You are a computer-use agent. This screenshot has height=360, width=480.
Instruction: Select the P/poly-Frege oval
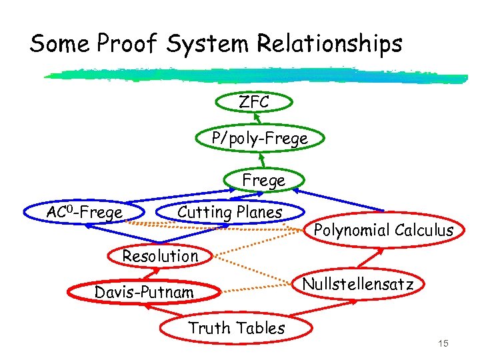pos(259,139)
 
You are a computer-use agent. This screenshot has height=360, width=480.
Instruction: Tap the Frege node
pos(264,180)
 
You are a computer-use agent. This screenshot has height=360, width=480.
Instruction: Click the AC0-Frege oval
pos(84,212)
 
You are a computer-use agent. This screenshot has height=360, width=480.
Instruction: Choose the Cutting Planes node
pos(229,212)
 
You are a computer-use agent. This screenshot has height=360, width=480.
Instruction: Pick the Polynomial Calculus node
pos(383,231)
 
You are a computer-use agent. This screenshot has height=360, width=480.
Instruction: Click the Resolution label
pos(160,255)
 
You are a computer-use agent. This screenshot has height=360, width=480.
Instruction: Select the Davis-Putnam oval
pos(144,293)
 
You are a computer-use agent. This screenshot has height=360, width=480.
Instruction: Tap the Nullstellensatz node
pos(358,285)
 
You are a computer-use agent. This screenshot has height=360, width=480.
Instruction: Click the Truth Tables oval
pos(237,327)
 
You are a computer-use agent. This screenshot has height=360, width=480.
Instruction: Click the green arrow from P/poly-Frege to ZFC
pos(257,121)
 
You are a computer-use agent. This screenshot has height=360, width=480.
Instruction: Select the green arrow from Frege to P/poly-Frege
pos(262,159)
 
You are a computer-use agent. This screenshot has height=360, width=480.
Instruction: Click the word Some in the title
pos(59,44)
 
